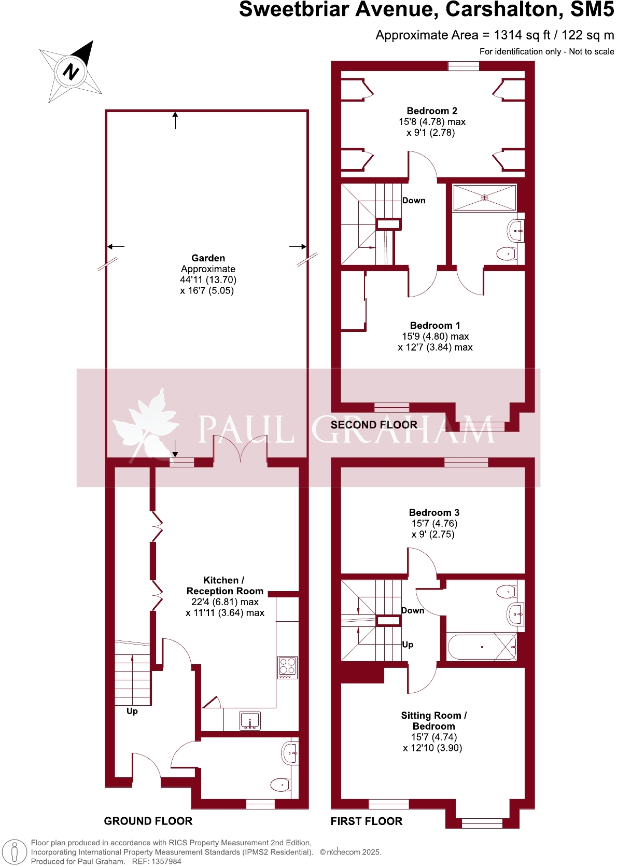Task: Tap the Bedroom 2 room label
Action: point(432,111)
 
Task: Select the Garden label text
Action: point(208,258)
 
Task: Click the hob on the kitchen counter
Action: point(288,668)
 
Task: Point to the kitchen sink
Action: point(250,721)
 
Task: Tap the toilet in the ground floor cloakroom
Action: point(281,785)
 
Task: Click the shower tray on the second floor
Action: point(485,198)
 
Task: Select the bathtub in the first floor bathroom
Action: point(482,647)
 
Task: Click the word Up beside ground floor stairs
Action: point(132,711)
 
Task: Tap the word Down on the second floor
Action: point(414,201)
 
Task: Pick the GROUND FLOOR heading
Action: point(148,821)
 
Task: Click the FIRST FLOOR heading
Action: point(367,821)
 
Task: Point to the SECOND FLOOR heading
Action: point(374,425)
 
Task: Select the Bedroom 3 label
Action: point(434,513)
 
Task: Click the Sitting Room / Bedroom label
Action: point(433,721)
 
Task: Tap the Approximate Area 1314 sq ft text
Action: point(495,35)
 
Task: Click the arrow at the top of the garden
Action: point(175,120)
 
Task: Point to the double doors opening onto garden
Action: point(240,449)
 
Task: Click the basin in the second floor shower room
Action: point(516,231)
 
